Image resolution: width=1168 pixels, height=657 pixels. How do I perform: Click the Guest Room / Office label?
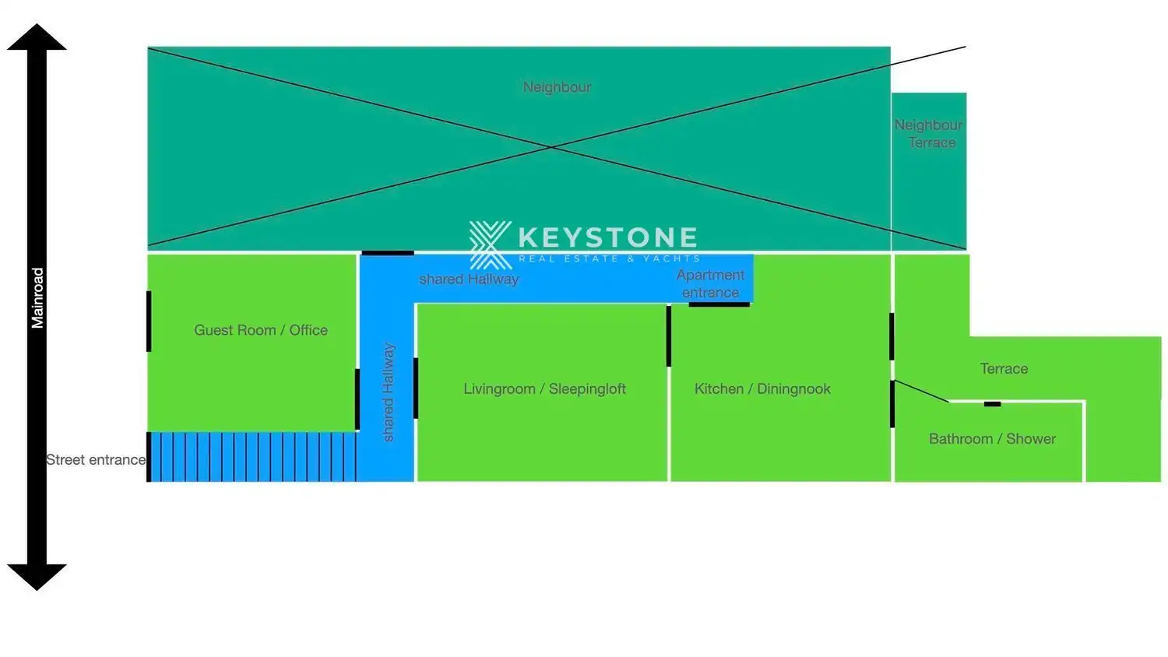pyautogui.click(x=261, y=330)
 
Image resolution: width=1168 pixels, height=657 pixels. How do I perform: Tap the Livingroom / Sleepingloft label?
pyautogui.click(x=544, y=388)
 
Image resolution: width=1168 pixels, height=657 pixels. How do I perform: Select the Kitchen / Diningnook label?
pyautogui.click(x=762, y=388)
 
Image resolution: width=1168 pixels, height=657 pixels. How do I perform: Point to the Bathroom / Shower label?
pyautogui.click(x=992, y=438)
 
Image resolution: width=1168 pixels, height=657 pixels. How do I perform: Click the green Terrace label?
pyautogui.click(x=1004, y=369)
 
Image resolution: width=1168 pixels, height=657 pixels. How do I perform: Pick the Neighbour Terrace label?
pyautogui.click(x=929, y=133)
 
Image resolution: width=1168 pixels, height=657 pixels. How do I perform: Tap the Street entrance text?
pyautogui.click(x=96, y=459)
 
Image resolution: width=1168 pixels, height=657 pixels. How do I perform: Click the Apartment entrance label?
pyautogui.click(x=710, y=283)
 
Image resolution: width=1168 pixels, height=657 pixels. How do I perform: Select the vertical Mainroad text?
pyautogui.click(x=37, y=297)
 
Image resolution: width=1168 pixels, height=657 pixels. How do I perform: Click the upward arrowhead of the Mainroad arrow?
pyautogui.click(x=37, y=37)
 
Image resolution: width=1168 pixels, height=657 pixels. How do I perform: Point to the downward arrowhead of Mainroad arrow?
pyautogui.click(x=37, y=577)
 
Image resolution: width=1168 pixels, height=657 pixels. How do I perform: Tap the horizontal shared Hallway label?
pyautogui.click(x=469, y=279)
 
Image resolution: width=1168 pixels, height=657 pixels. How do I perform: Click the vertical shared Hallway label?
pyautogui.click(x=388, y=392)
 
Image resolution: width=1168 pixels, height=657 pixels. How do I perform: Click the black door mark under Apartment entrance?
pyautogui.click(x=719, y=304)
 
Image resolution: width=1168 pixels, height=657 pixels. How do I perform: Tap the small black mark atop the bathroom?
pyautogui.click(x=992, y=404)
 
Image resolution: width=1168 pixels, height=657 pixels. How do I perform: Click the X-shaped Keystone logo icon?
pyautogui.click(x=490, y=244)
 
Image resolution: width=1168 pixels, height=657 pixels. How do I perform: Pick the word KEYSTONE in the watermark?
pyautogui.click(x=608, y=237)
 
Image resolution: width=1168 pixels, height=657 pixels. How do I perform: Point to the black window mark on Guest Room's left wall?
pyautogui.click(x=150, y=321)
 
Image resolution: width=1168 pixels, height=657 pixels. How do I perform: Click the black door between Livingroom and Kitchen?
pyautogui.click(x=668, y=336)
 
